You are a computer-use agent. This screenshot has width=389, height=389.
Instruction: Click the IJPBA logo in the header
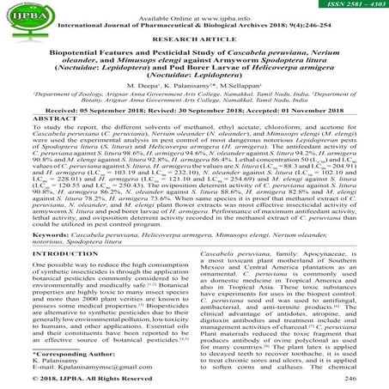coord(32,14)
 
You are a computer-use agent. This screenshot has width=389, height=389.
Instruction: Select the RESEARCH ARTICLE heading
coord(194,40)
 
